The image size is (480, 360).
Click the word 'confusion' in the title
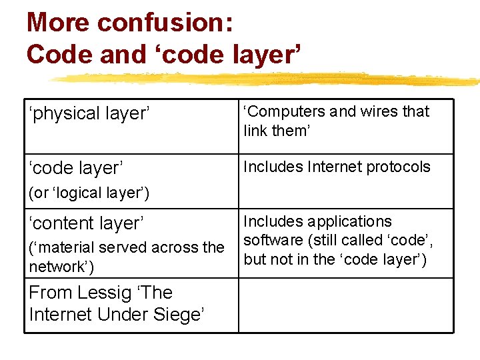(x=165, y=23)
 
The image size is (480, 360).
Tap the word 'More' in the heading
(x=58, y=23)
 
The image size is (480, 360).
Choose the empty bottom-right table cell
(x=345, y=305)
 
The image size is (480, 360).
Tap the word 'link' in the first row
(x=255, y=131)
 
